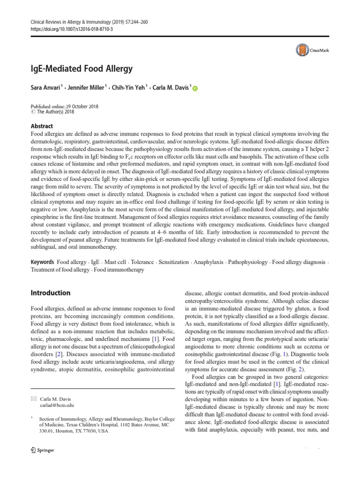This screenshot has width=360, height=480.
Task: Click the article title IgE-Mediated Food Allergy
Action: point(82,69)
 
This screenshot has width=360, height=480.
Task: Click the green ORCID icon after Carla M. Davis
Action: point(195,89)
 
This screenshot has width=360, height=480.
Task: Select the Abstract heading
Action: point(42,126)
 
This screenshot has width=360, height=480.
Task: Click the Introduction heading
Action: point(51,293)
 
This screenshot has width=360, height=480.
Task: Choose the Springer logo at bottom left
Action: point(42,450)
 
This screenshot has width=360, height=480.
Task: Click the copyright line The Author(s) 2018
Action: point(55,112)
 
